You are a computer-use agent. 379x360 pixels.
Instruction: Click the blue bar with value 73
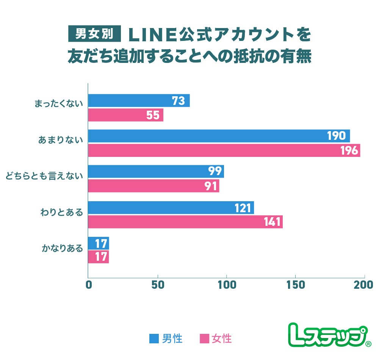point(139,101)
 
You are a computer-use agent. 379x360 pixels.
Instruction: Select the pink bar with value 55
point(126,115)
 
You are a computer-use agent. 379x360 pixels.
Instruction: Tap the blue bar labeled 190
point(219,136)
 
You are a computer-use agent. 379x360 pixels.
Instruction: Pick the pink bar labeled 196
point(224,150)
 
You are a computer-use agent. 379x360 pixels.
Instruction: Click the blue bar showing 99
point(156,172)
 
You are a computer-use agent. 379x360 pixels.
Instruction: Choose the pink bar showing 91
point(153,186)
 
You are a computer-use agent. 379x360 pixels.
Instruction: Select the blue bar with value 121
point(171,208)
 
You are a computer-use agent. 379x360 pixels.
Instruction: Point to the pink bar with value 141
point(185,222)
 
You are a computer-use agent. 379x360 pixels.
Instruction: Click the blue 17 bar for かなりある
point(99,243)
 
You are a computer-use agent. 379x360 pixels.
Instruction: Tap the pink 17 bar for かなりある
point(99,257)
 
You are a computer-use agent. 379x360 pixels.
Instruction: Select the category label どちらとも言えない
point(44,175)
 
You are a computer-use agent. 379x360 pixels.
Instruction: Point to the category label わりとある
point(61,211)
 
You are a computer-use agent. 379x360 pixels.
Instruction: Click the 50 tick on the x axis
point(157,285)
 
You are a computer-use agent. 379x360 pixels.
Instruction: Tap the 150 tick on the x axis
point(296,285)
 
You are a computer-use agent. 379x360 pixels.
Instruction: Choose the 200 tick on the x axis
point(365,285)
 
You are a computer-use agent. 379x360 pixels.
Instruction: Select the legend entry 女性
point(216,338)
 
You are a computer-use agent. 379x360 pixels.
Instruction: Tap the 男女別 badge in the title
point(94,34)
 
